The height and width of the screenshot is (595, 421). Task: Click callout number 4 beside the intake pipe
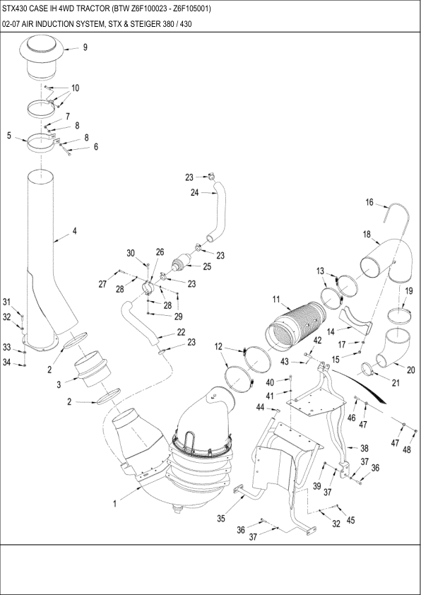click(x=75, y=230)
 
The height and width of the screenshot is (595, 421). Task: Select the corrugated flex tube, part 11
click(x=297, y=324)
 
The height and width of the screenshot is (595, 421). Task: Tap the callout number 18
click(x=367, y=235)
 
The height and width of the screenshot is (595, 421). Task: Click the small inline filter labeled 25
click(x=180, y=264)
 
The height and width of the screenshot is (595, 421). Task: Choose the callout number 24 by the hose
click(x=194, y=193)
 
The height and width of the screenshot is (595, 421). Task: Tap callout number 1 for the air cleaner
click(x=114, y=504)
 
